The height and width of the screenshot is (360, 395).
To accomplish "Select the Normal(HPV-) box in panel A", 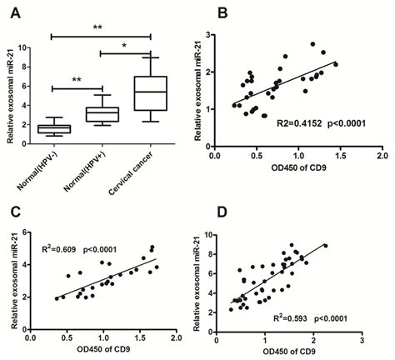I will click(52, 127).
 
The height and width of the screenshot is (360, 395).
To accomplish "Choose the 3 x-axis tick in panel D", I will click(362, 337).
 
